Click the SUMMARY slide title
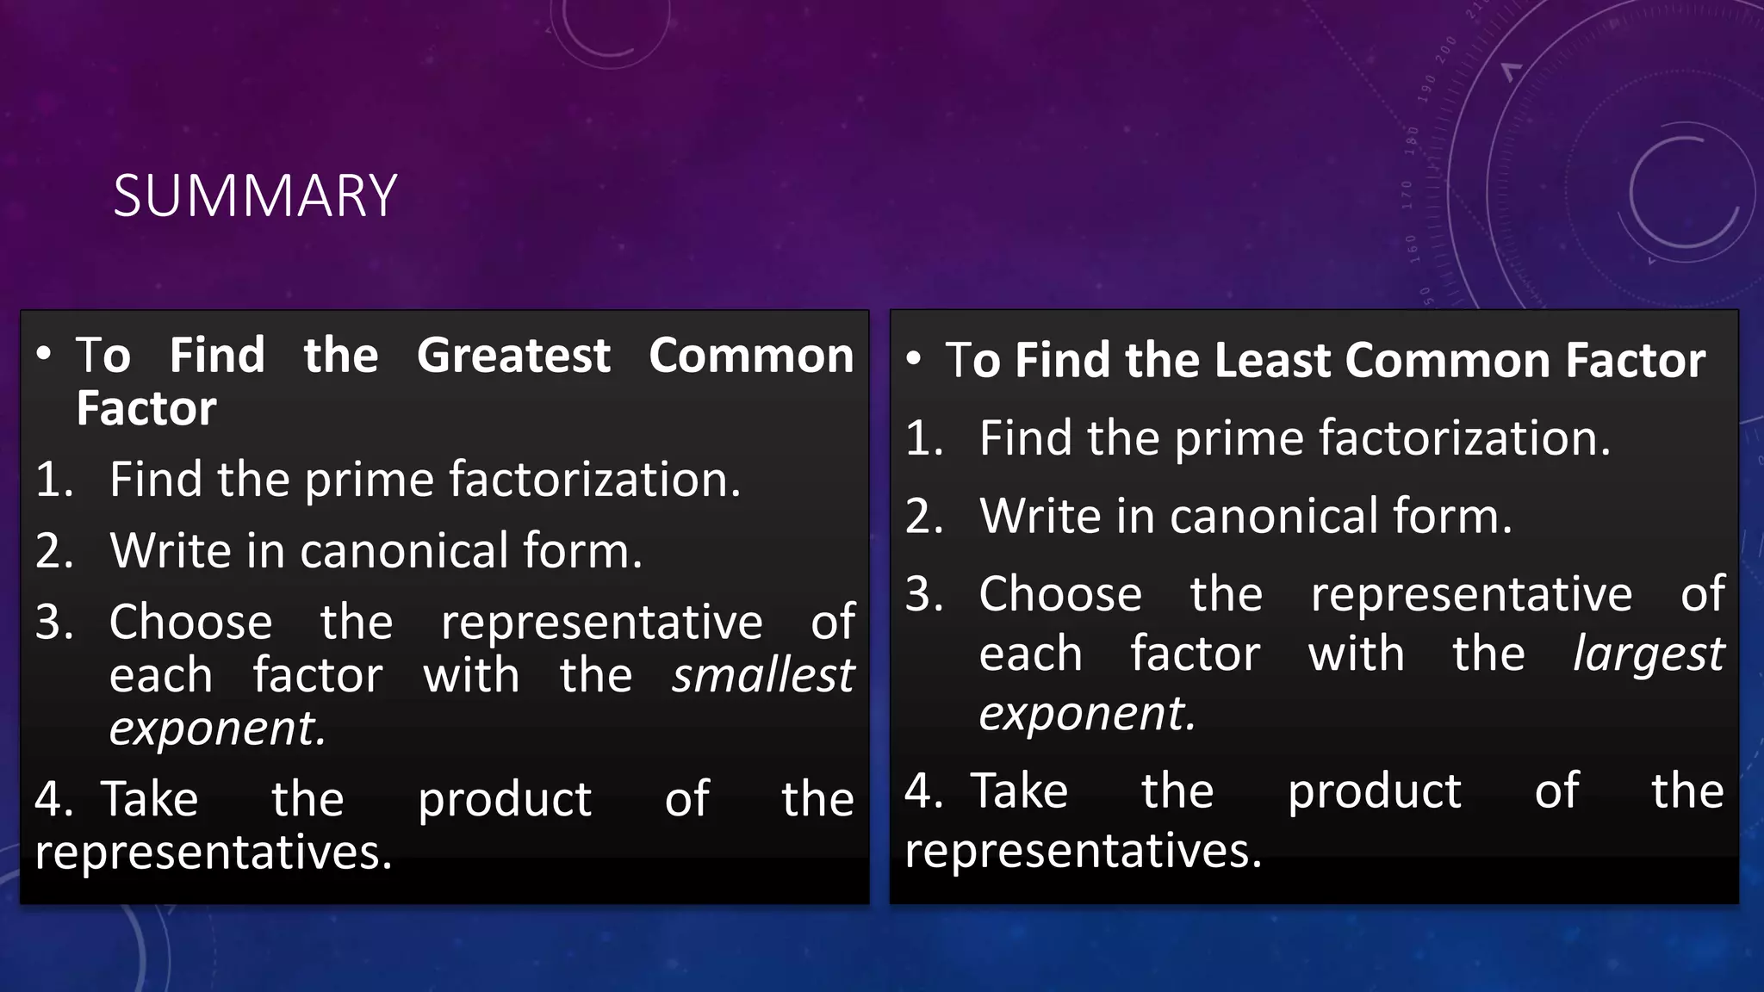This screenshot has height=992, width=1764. (255, 196)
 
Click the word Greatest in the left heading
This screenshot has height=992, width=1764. (513, 356)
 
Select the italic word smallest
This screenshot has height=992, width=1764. (763, 675)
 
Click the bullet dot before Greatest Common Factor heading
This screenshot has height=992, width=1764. (45, 354)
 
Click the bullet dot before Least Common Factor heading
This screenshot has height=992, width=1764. (915, 358)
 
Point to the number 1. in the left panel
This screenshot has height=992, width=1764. (54, 480)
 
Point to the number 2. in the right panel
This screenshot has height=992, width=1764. (924, 517)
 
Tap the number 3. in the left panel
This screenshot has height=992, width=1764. (54, 622)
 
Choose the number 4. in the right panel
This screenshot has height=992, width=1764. (923, 790)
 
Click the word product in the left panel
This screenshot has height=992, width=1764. (505, 799)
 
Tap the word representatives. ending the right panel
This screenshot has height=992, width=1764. (1083, 851)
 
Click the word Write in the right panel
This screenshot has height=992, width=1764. (1039, 517)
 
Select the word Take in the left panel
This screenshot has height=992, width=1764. (151, 799)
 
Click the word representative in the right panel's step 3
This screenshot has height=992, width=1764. (1471, 594)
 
